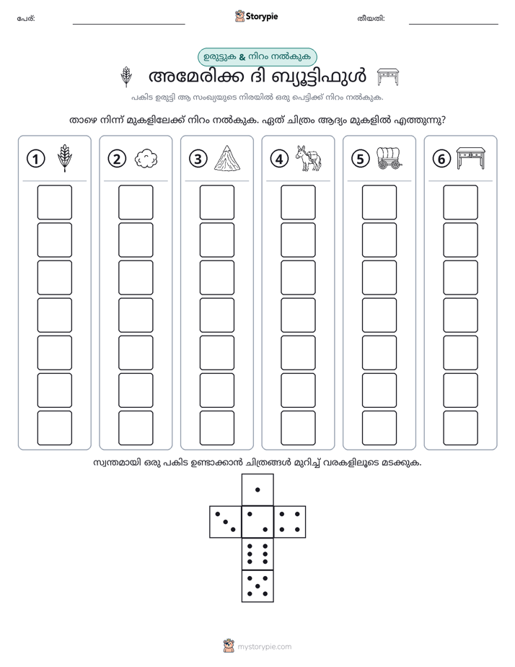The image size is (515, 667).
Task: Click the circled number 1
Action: [x=35, y=159]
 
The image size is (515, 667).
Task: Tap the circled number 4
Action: [x=279, y=159]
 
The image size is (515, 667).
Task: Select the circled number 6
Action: [x=441, y=159]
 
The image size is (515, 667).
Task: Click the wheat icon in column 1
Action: [x=65, y=158]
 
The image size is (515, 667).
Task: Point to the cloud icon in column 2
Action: [x=146, y=159]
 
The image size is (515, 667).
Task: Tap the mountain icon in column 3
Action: [x=228, y=158]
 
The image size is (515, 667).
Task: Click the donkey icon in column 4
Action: [x=309, y=158]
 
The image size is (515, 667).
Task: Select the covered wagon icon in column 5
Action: [x=389, y=158]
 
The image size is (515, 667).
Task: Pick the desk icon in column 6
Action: [x=471, y=158]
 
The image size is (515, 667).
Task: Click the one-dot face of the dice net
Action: [x=257, y=490]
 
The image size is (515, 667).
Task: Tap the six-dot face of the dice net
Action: [x=257, y=554]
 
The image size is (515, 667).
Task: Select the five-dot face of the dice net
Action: [x=257, y=586]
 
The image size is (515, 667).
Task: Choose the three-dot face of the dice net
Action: [x=226, y=522]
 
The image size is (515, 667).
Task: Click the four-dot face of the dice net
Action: [x=290, y=522]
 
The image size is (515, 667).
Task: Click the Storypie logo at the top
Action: [x=256, y=17]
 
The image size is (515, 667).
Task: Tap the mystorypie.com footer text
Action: [x=264, y=647]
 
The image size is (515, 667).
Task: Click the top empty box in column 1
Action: [x=54, y=202]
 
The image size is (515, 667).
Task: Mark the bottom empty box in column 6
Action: [x=460, y=428]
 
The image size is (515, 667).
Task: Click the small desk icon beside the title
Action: [x=388, y=77]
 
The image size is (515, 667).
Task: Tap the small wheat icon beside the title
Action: [x=126, y=77]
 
